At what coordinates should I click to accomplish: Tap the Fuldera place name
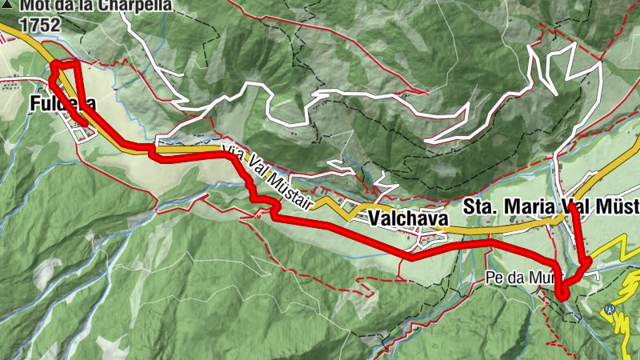(x=63, y=104)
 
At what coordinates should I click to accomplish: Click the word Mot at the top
(x=32, y=6)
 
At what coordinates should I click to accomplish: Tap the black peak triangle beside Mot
(x=7, y=6)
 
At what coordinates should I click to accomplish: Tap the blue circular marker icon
(x=610, y=310)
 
